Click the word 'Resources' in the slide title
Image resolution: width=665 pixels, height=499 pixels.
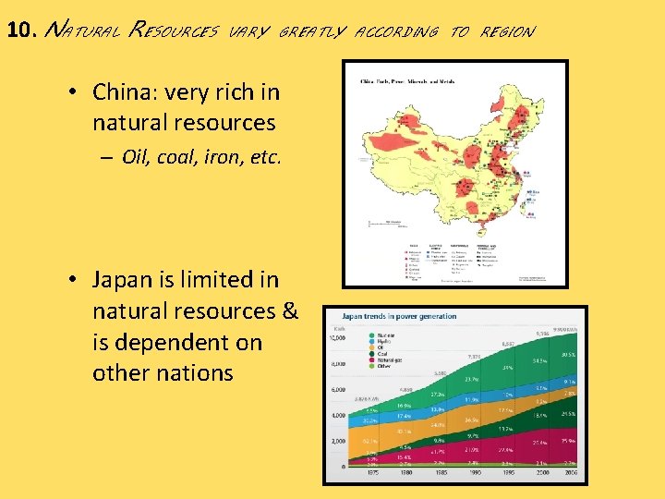(x=175, y=31)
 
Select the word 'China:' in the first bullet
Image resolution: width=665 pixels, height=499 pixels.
(x=122, y=92)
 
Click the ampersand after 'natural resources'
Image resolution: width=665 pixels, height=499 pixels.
(x=288, y=311)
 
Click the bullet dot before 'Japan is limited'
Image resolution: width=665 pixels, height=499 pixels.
(x=72, y=280)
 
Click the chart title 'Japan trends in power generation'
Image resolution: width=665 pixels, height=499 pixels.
(x=400, y=316)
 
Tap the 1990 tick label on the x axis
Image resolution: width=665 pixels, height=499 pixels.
(x=474, y=473)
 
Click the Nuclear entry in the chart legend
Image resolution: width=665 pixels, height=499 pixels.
(x=361, y=335)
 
